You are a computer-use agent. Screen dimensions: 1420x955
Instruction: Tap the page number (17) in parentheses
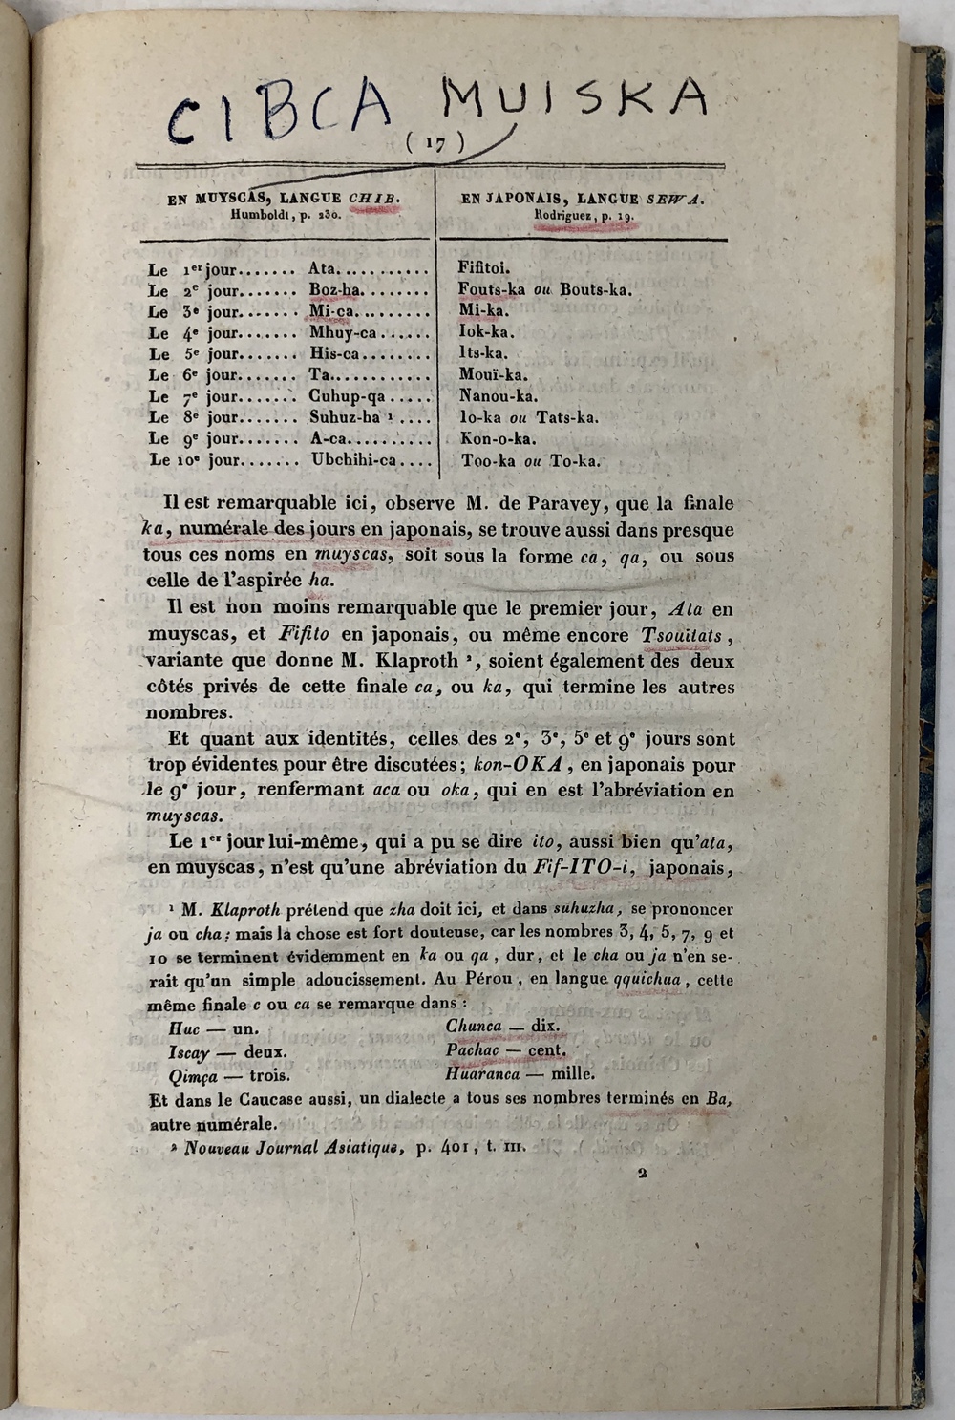click(x=435, y=143)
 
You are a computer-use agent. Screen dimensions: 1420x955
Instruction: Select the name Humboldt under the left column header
click(x=263, y=215)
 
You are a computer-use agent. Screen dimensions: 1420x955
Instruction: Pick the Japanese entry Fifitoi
click(x=484, y=268)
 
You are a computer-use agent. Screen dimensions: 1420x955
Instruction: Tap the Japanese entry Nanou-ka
click(x=498, y=396)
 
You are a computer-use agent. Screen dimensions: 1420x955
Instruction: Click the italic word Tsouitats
click(x=682, y=635)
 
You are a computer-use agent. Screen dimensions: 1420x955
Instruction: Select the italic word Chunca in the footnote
click(x=473, y=1026)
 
